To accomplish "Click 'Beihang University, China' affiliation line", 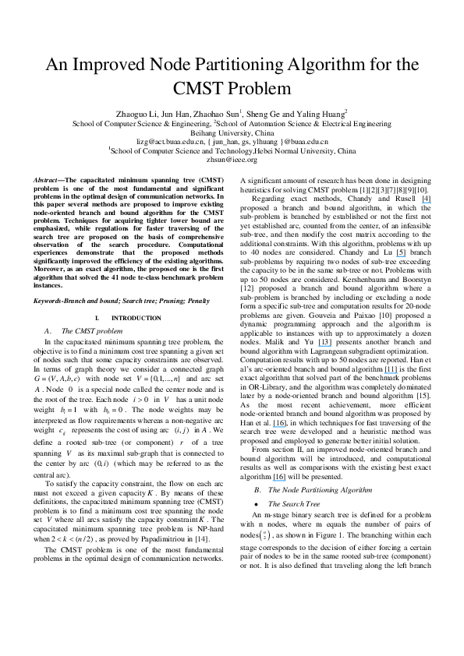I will [232, 132].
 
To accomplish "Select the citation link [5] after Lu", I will [402, 252].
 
